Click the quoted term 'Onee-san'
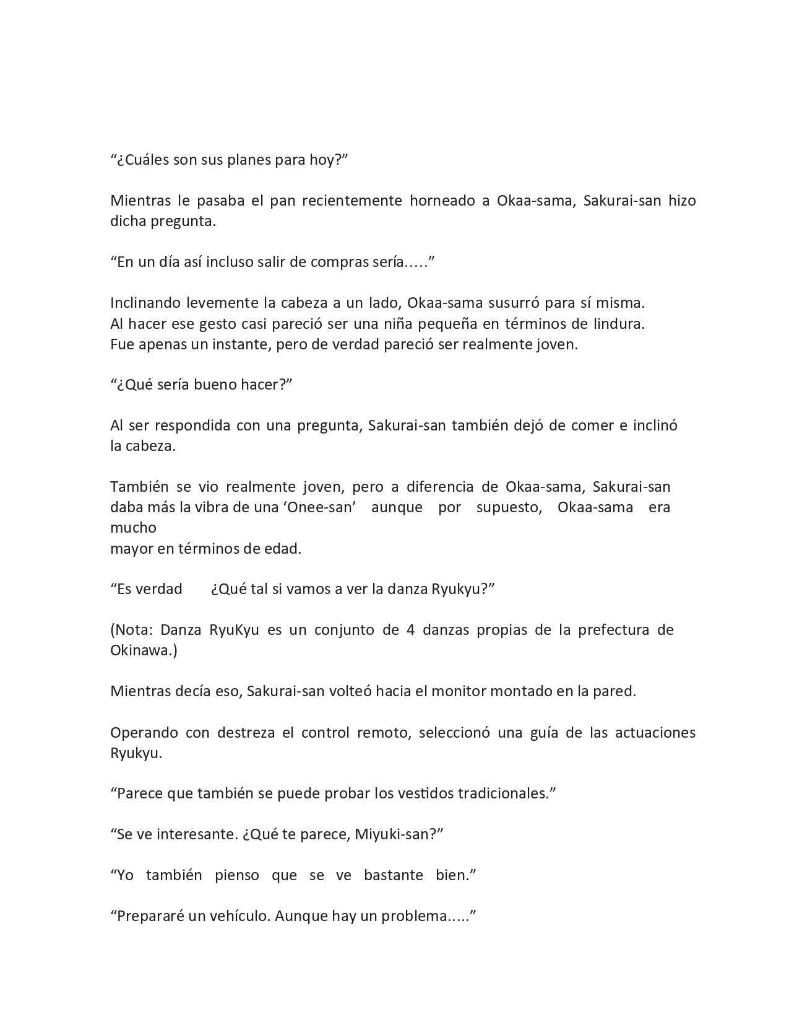point(319,507)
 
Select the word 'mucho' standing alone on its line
point(133,528)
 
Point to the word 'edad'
point(283,548)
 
